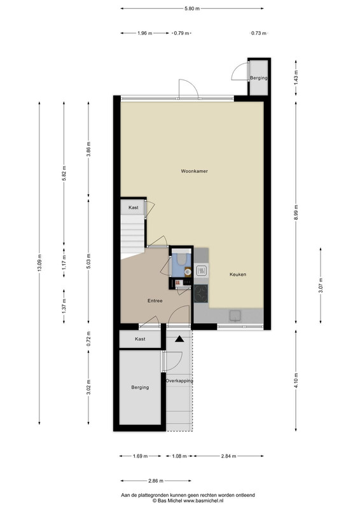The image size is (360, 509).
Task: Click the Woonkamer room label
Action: click(x=194, y=171)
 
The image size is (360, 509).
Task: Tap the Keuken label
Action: click(x=238, y=274)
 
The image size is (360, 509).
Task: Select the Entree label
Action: click(x=155, y=300)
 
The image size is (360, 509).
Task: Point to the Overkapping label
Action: click(x=179, y=380)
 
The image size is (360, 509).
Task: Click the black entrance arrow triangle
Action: click(x=179, y=339)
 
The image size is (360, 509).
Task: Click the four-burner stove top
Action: click(x=201, y=293)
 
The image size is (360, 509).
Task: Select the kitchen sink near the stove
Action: click(x=201, y=270)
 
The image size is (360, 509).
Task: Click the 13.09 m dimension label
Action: click(x=39, y=263)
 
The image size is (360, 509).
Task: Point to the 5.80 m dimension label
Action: click(x=192, y=8)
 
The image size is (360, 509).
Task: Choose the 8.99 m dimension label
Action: click(x=296, y=213)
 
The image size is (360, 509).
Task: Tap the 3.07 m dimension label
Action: click(x=321, y=285)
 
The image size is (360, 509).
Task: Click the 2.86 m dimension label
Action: click(x=155, y=481)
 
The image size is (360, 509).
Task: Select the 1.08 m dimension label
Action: click(x=179, y=456)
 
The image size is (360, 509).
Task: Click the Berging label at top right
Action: click(x=259, y=78)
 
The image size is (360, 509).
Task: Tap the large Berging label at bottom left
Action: click(x=140, y=387)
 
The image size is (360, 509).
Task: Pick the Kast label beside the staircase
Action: click(x=134, y=207)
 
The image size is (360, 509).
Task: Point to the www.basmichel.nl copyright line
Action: click(x=188, y=501)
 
